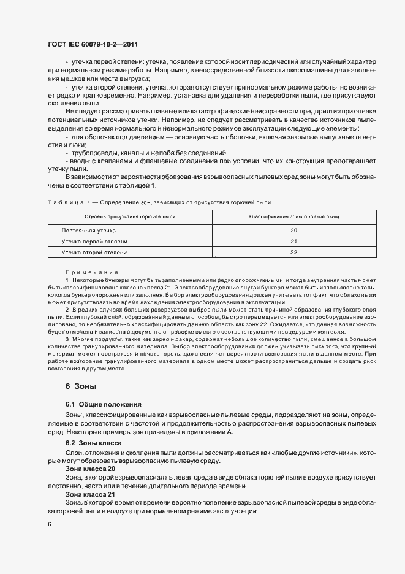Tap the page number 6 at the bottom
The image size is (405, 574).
pos(50,524)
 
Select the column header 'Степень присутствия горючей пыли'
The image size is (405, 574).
pos(130,217)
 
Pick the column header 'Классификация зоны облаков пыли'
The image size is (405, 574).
pos(293,217)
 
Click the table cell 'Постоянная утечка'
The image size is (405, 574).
pos(88,231)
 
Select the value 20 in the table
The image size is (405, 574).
pos(293,231)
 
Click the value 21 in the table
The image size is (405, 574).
pos(293,242)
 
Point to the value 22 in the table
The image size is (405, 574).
pos(293,253)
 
